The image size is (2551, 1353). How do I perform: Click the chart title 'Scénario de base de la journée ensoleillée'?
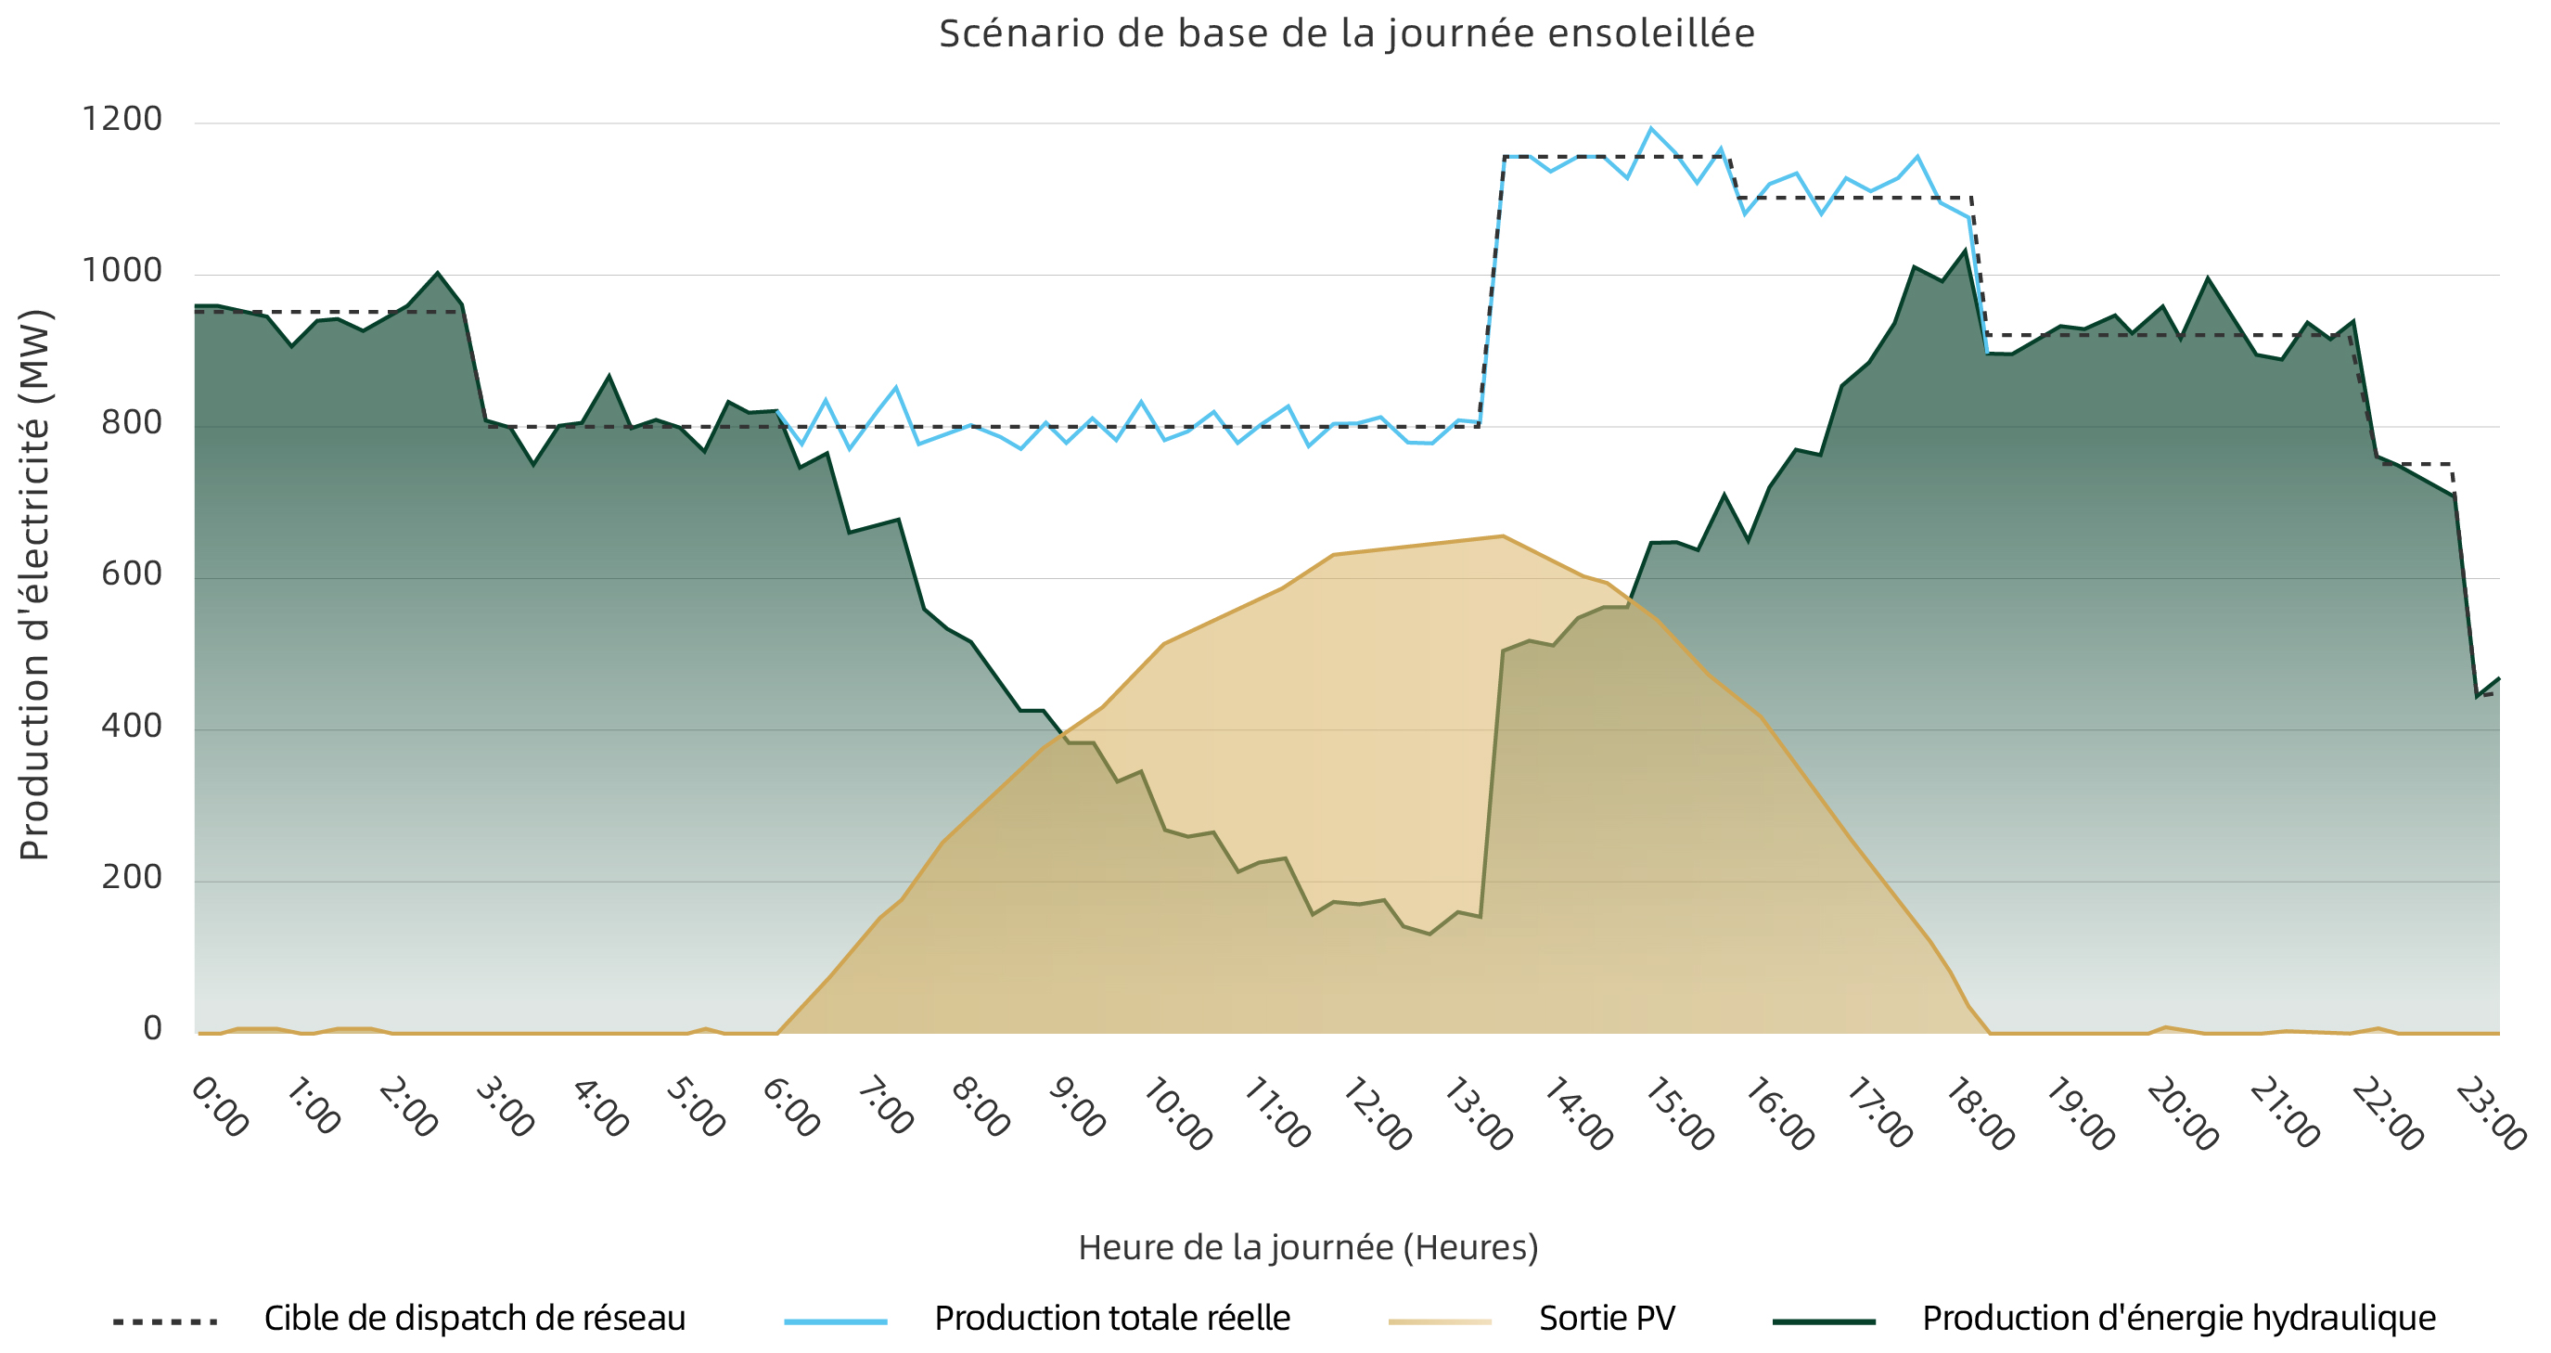click(x=1347, y=33)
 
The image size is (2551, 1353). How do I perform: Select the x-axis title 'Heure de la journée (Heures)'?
click(x=1308, y=1247)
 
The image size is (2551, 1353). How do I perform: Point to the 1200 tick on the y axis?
click(x=122, y=119)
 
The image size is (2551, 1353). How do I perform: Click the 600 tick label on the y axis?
click(x=132, y=573)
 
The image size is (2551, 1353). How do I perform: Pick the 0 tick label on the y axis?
click(x=152, y=1028)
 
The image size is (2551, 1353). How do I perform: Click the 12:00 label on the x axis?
click(x=1377, y=1115)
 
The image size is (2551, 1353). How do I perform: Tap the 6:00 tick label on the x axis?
click(x=791, y=1107)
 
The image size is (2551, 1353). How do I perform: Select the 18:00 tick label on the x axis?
click(x=1980, y=1115)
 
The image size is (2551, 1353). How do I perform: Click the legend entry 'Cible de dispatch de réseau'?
click(x=474, y=1319)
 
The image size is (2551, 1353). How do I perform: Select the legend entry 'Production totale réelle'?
click(x=1112, y=1319)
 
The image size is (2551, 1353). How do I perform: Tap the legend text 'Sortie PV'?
click(x=1607, y=1319)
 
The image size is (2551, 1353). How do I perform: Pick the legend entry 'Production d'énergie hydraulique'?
click(x=2179, y=1319)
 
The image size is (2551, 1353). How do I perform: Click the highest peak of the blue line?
click(x=1651, y=128)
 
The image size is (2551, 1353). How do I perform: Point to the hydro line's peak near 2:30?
click(x=438, y=273)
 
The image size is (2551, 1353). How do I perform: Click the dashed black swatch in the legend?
click(x=165, y=1321)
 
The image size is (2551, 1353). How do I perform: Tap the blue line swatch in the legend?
click(x=836, y=1321)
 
